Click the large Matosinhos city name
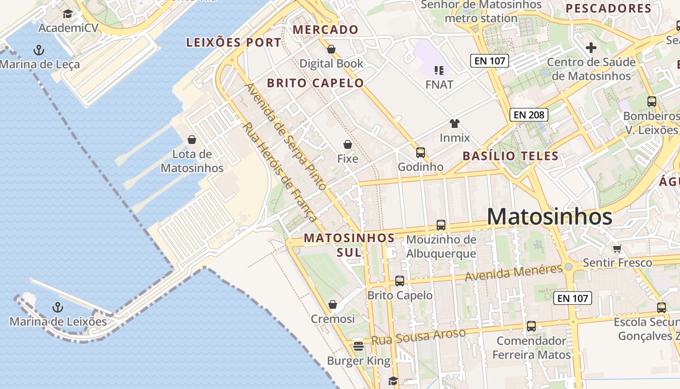click(x=549, y=217)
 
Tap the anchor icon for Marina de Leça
click(x=38, y=50)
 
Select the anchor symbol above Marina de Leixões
click(x=58, y=307)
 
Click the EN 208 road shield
click(x=529, y=115)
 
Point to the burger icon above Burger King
click(x=358, y=346)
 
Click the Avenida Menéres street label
click(x=513, y=273)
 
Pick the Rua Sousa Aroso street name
click(x=418, y=336)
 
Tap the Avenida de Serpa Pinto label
click(x=285, y=136)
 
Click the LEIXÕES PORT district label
click(x=234, y=43)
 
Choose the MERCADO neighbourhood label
click(x=325, y=30)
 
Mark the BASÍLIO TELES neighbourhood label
click(x=510, y=156)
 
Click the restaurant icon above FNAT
click(x=439, y=71)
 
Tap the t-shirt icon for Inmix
click(x=455, y=124)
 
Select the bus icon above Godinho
click(x=421, y=153)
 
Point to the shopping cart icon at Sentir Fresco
click(x=617, y=248)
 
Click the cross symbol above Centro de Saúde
click(x=591, y=48)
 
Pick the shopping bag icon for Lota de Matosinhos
click(x=192, y=140)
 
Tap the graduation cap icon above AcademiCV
click(x=68, y=14)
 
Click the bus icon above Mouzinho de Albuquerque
click(x=441, y=225)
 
